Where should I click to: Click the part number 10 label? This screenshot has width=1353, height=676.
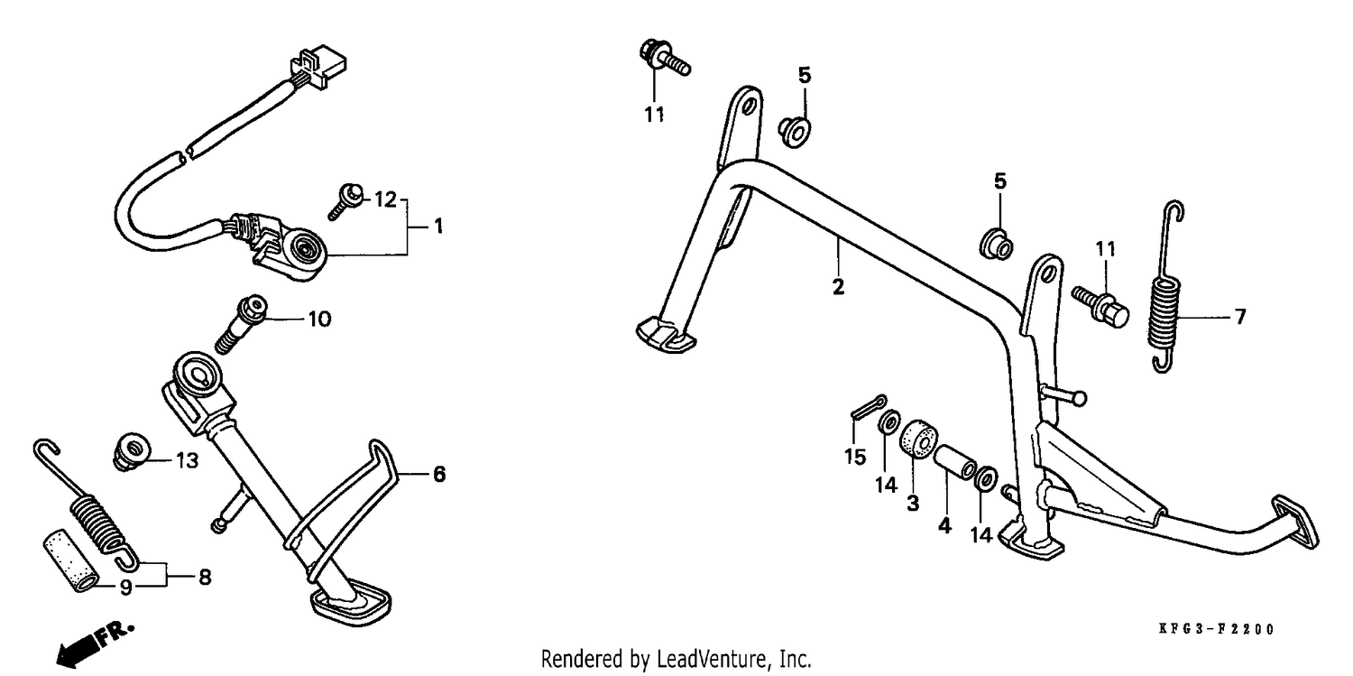click(x=319, y=319)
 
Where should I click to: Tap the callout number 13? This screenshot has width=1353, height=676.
click(x=188, y=461)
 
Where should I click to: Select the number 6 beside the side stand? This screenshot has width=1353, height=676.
click(x=439, y=474)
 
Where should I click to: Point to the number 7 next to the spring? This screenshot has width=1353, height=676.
click(x=1240, y=317)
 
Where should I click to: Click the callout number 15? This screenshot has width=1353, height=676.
click(x=855, y=457)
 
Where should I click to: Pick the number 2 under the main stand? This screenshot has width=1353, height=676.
click(x=838, y=286)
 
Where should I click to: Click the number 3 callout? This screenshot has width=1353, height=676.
click(x=913, y=503)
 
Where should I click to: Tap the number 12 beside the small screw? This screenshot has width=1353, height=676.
click(x=385, y=199)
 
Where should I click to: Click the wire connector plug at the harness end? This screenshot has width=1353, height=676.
click(x=318, y=67)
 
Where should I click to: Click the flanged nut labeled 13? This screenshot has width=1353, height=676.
click(x=132, y=451)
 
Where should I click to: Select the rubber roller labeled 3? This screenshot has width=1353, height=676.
click(x=919, y=440)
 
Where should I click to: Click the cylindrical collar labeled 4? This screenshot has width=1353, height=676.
click(x=955, y=462)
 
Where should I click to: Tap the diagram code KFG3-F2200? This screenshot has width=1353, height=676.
click(x=1216, y=629)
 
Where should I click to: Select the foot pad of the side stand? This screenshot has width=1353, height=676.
click(x=350, y=600)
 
